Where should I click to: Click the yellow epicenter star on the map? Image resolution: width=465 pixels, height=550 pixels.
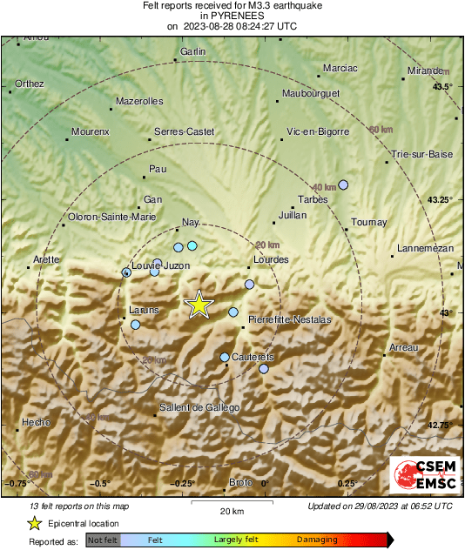pyautogui.click(x=199, y=305)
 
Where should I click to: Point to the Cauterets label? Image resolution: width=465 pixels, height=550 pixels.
pyautogui.click(x=253, y=358)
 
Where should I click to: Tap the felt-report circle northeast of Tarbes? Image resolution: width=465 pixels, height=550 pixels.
pyautogui.click(x=343, y=184)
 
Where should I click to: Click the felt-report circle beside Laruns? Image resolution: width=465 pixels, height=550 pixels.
pyautogui.click(x=135, y=325)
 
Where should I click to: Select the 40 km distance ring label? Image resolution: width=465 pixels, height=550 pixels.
pyautogui.click(x=324, y=187)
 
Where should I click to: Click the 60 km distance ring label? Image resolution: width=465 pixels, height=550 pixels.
pyautogui.click(x=381, y=130)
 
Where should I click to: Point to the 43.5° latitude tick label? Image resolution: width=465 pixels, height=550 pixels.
pyautogui.click(x=444, y=86)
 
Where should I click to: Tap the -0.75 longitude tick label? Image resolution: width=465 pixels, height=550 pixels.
pyautogui.click(x=16, y=483)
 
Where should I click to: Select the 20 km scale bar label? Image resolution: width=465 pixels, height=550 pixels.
pyautogui.click(x=232, y=510)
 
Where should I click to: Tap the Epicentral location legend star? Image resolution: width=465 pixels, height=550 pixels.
pyautogui.click(x=35, y=523)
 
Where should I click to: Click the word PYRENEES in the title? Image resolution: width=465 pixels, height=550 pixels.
pyautogui.click(x=232, y=16)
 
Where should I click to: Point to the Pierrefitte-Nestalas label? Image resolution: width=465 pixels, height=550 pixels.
pyautogui.click(x=290, y=319)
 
